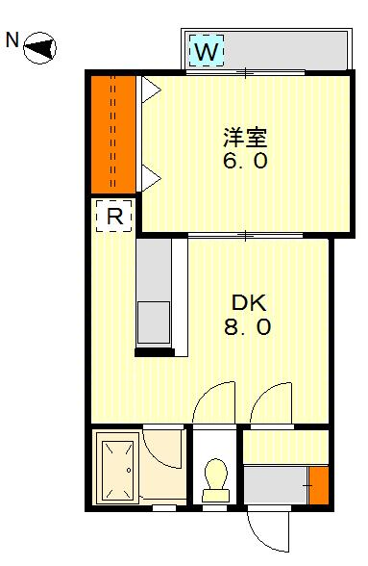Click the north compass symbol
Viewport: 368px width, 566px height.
[x=39, y=48]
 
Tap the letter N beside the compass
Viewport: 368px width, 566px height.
[x=12, y=39]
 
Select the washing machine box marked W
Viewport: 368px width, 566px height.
[x=207, y=50]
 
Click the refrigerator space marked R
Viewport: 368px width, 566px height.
[x=114, y=216]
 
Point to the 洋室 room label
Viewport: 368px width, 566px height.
[x=245, y=137]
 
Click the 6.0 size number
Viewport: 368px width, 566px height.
[x=245, y=161]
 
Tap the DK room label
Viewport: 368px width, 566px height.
[x=249, y=303]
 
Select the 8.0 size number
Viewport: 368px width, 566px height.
[x=247, y=327]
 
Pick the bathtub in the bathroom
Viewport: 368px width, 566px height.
[x=115, y=468]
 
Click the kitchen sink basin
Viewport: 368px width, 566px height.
[x=154, y=322]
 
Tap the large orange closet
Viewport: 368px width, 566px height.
[x=113, y=135]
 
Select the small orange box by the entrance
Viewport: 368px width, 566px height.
[x=319, y=485]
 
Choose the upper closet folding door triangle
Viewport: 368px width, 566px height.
[x=150, y=90]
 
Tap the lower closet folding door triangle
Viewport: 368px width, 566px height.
[x=150, y=177]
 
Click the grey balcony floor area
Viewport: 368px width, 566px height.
[x=284, y=50]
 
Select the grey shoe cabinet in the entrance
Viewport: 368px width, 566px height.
[x=276, y=485]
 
